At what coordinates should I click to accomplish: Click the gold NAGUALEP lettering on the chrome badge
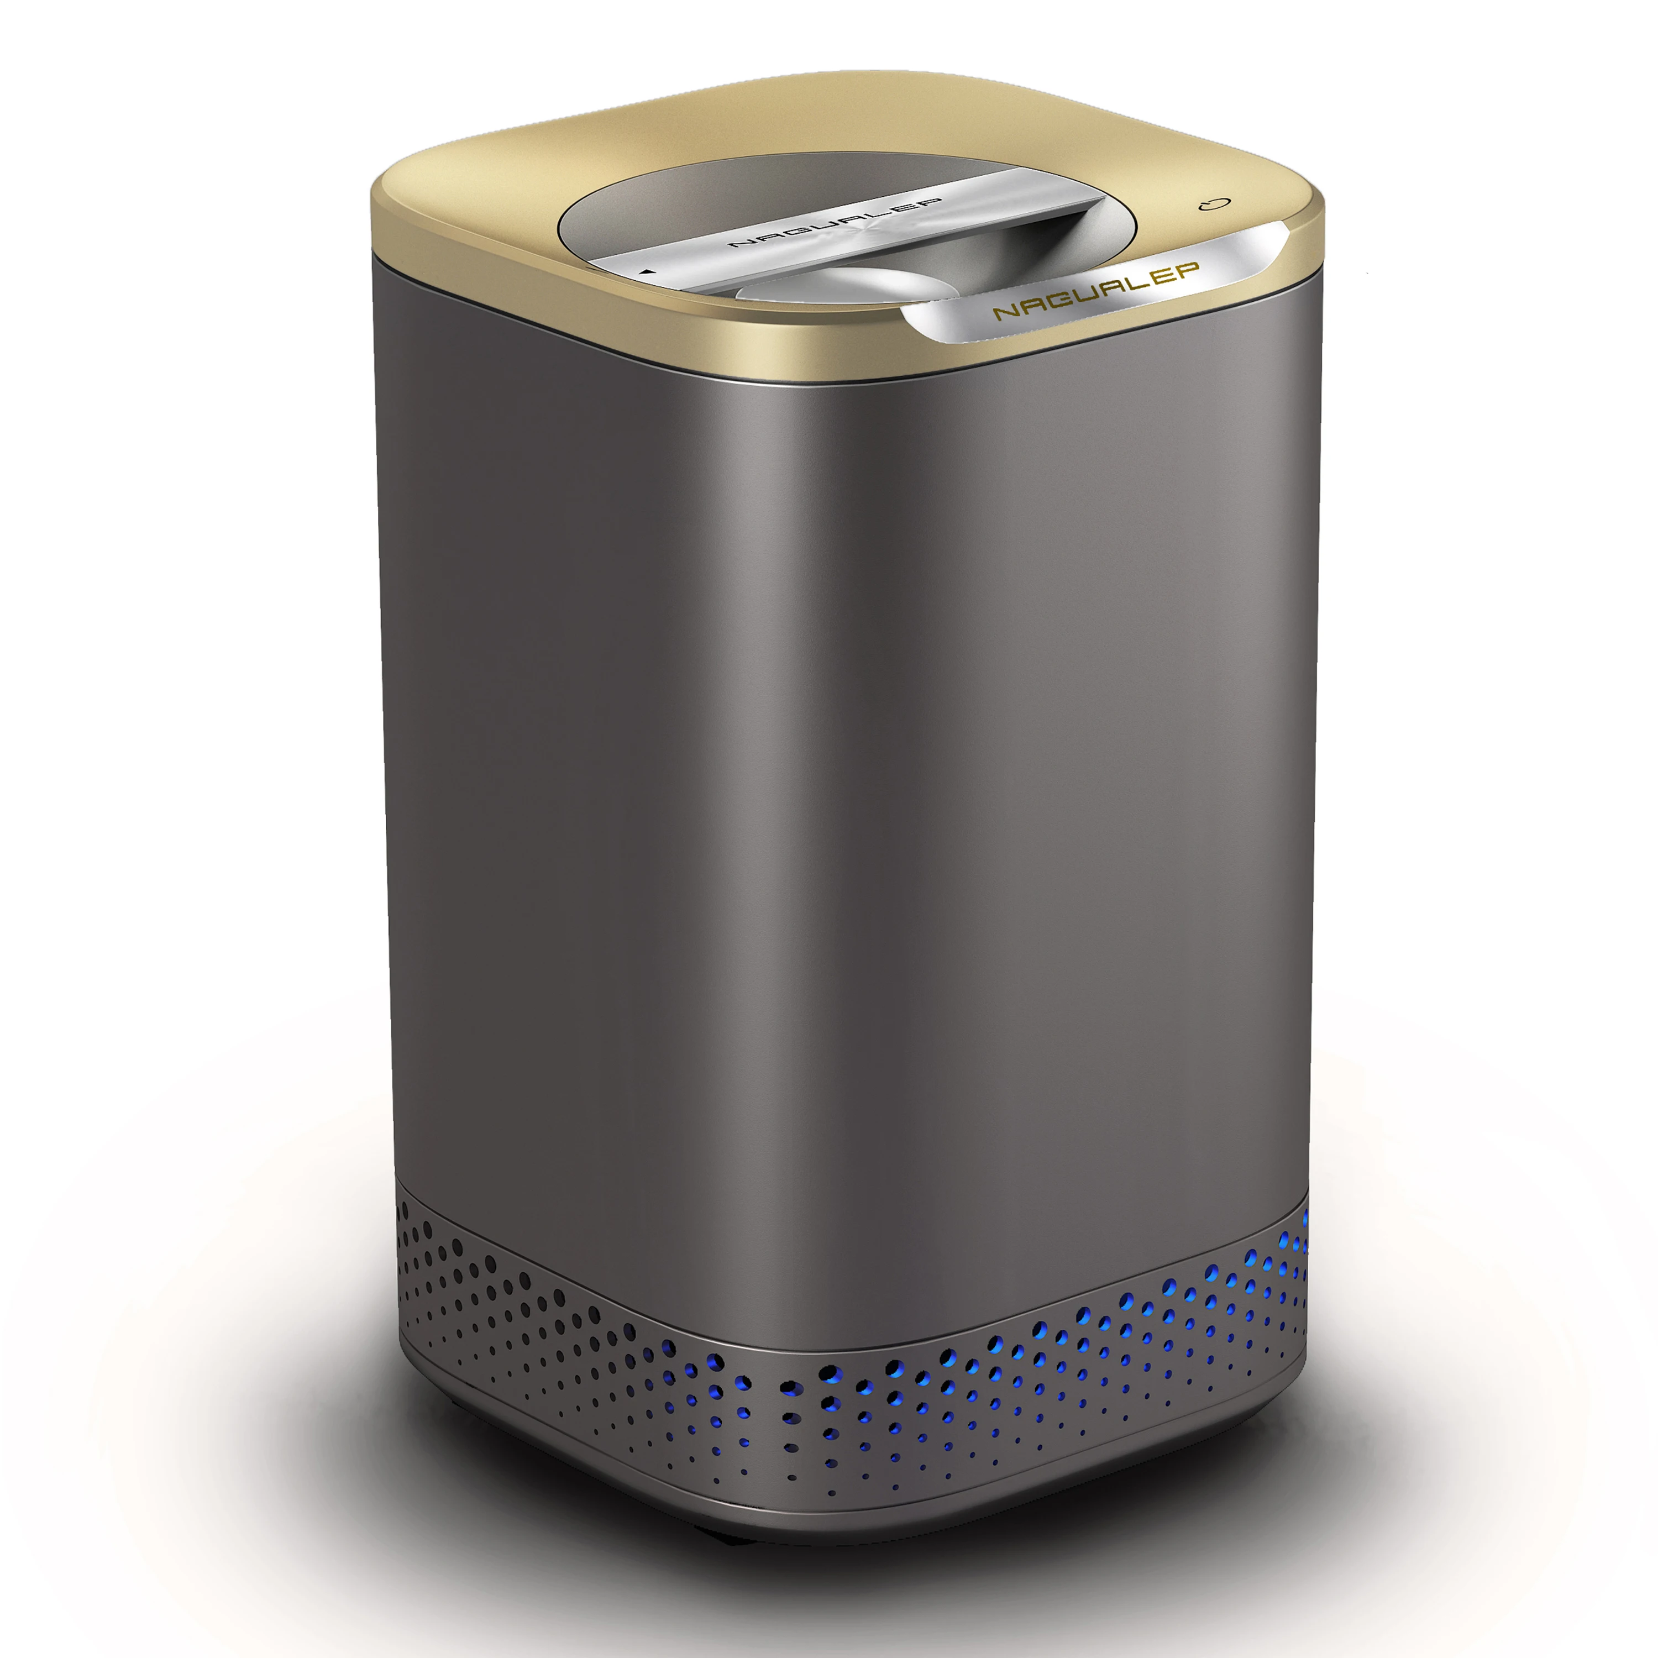[x=1096, y=291]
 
